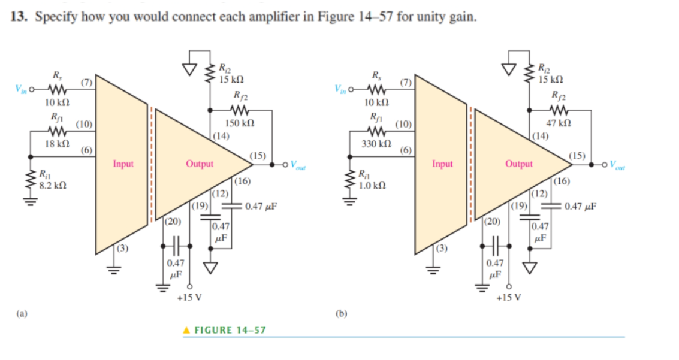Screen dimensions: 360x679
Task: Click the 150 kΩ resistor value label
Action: click(238, 123)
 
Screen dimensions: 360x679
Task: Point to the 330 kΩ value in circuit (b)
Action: click(376, 144)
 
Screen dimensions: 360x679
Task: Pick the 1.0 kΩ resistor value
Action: click(371, 186)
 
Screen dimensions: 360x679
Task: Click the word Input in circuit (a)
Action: click(123, 163)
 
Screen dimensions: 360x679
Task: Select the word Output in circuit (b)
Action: click(519, 163)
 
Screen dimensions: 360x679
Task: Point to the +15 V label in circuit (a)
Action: click(189, 298)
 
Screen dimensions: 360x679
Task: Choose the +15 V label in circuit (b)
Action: click(508, 298)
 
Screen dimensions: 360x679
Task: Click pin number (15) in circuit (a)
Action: click(258, 156)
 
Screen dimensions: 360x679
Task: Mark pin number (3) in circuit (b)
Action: click(441, 249)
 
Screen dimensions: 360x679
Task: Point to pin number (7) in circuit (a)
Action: click(86, 81)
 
